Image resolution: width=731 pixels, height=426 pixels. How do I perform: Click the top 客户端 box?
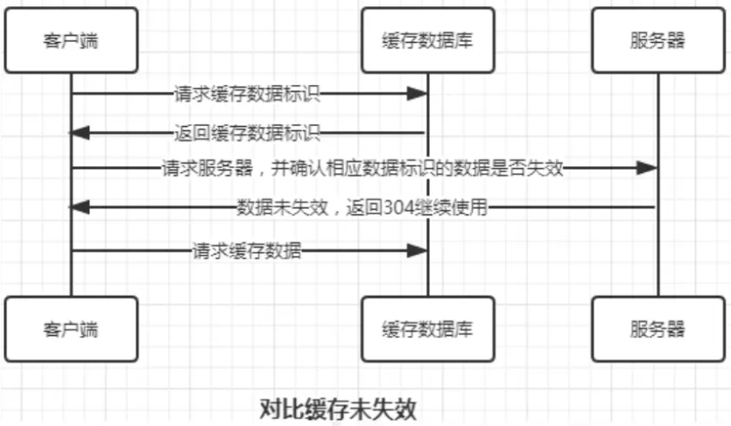click(x=70, y=40)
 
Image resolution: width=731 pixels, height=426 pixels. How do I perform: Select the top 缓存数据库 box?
click(x=427, y=40)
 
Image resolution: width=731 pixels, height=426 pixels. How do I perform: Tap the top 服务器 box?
click(x=657, y=40)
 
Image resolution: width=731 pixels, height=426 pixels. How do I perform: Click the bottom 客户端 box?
click(x=70, y=329)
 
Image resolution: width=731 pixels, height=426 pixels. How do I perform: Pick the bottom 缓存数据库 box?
click(x=427, y=329)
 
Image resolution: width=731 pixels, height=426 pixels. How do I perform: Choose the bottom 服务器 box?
click(x=657, y=329)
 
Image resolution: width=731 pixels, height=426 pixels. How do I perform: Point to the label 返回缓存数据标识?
click(x=246, y=133)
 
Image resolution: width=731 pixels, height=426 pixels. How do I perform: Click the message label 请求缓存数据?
click(x=246, y=251)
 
